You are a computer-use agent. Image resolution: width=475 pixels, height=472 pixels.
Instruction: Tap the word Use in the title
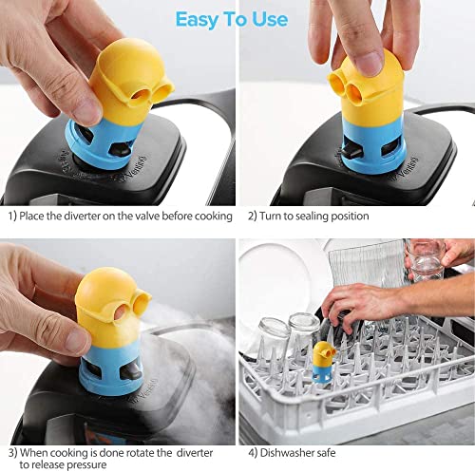270,19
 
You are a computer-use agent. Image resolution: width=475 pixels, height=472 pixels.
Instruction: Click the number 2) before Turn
253,217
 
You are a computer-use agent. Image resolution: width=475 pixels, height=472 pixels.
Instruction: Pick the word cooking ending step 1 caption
214,217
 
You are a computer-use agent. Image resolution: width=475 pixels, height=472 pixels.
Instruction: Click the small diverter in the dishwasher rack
323,361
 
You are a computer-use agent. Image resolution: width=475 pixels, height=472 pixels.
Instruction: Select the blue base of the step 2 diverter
373,146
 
